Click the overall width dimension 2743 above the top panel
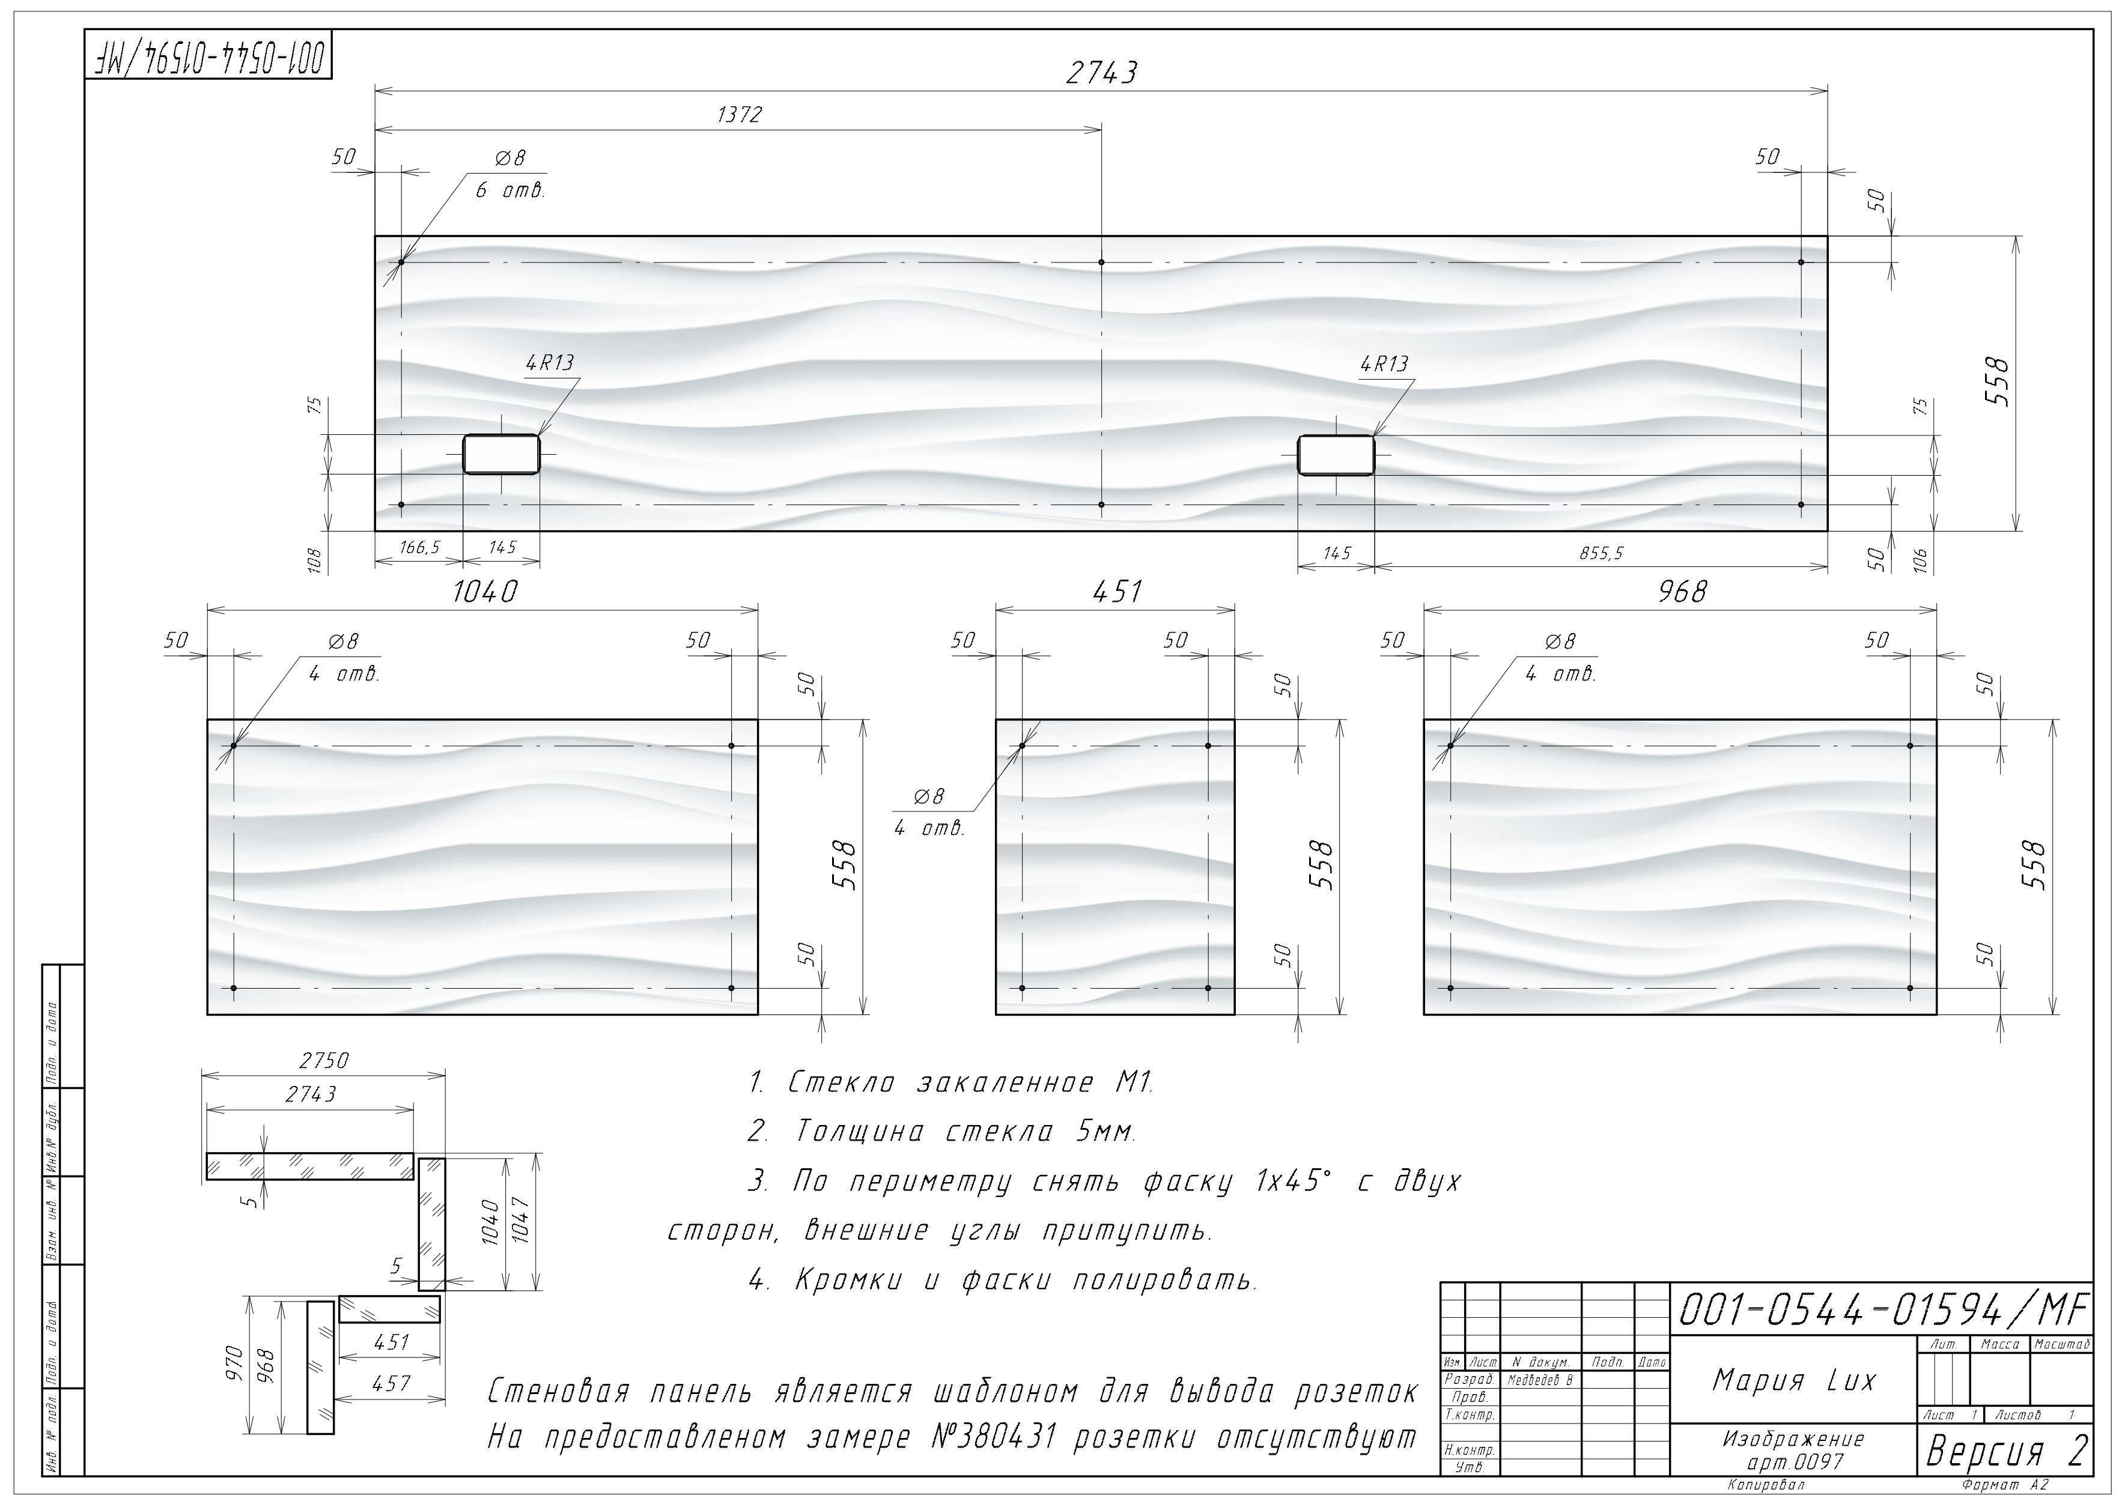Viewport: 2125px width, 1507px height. click(x=1101, y=73)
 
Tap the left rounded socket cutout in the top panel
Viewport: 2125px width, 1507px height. click(x=501, y=455)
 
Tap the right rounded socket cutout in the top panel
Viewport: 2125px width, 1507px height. click(x=1336, y=455)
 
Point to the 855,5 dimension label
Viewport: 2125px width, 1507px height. click(x=1601, y=554)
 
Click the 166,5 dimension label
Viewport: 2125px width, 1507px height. click(x=419, y=548)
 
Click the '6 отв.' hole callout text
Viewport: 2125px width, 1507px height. click(x=509, y=191)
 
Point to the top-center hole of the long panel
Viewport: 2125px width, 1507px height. click(x=1101, y=262)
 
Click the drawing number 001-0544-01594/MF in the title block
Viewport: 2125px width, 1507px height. click(x=1883, y=1310)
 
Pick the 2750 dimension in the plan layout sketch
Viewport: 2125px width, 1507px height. click(x=323, y=1060)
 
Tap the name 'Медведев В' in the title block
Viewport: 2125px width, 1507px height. click(x=1540, y=1380)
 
